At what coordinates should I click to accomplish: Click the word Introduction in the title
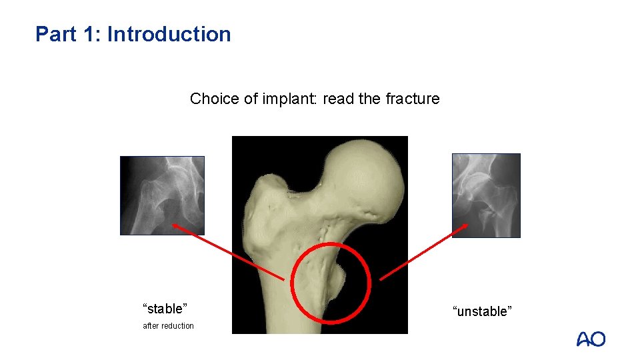pos(169,34)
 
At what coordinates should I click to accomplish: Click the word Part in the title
pos(52,34)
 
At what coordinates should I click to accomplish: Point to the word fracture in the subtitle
pos(412,99)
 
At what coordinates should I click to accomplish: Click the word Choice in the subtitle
pos(210,99)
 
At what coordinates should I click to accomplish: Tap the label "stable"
pos(165,309)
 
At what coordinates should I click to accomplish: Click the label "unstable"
pos(482,311)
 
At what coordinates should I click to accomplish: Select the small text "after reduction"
pos(168,326)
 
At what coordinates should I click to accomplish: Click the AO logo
pos(591,339)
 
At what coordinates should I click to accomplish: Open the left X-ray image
pos(162,195)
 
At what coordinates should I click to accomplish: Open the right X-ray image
pos(486,195)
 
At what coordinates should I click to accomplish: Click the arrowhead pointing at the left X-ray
pos(177,226)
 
